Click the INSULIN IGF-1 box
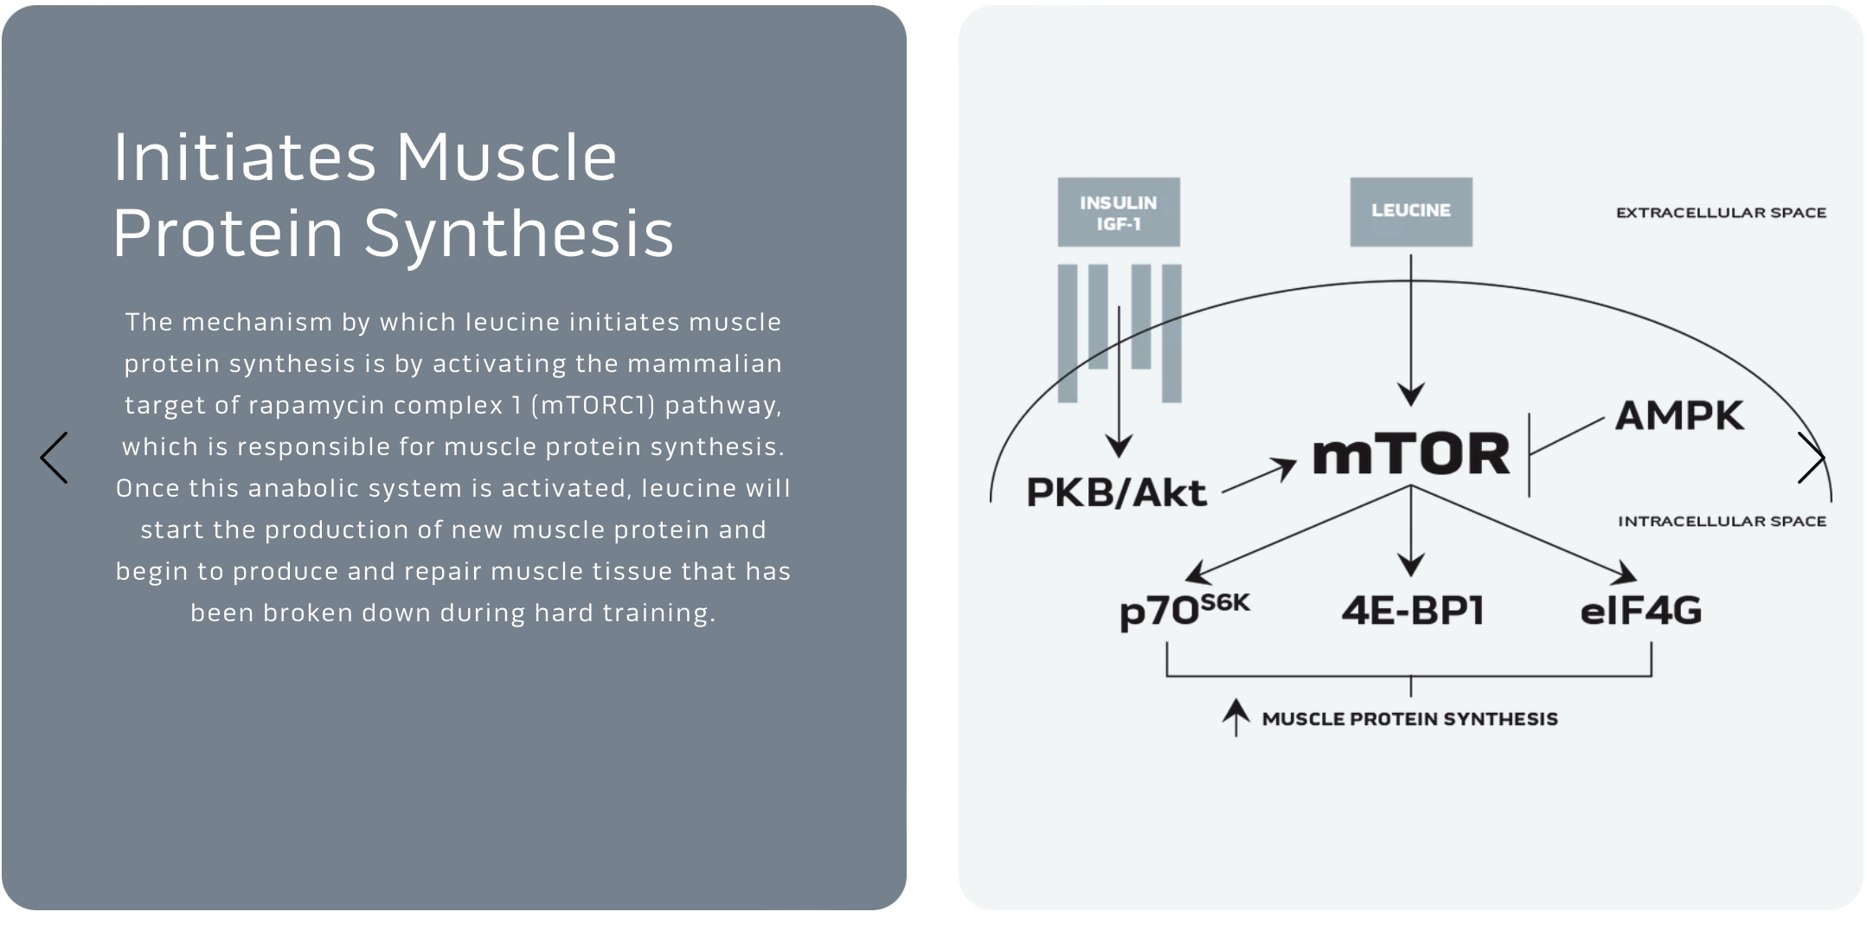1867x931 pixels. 1118,212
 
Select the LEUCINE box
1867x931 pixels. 1410,211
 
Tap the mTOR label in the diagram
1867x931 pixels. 1410,454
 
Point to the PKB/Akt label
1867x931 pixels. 1115,493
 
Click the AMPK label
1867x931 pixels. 1678,416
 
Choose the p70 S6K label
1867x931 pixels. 1184,610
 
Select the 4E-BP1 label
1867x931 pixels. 1412,611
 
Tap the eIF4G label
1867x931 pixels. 1640,611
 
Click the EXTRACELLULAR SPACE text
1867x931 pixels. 1721,213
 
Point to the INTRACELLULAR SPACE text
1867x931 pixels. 1722,522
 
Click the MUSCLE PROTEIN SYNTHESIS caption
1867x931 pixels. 1409,719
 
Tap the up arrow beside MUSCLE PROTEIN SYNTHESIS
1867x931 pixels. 1235,717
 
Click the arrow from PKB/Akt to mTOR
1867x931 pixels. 1259,477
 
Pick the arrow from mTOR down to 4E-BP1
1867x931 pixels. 1410,532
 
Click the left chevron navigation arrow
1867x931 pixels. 54,458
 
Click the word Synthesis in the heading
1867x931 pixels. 518,234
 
